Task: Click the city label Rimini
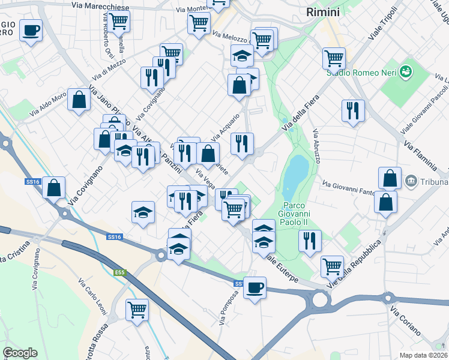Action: click(322, 12)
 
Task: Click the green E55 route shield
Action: click(121, 273)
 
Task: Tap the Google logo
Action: click(20, 353)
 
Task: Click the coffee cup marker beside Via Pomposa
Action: click(255, 288)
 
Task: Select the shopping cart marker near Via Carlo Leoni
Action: click(137, 310)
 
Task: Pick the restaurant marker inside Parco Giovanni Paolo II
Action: click(310, 241)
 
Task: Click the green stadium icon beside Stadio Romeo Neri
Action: click(407, 71)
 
